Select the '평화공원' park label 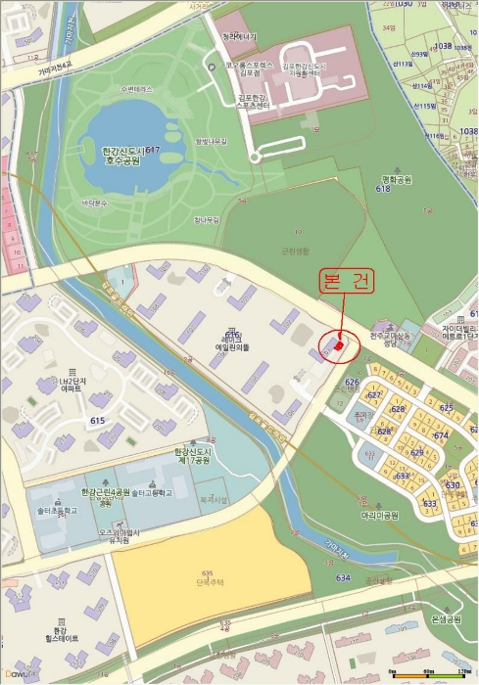[x=395, y=180]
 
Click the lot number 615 [x=97, y=421]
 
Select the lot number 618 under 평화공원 [x=382, y=190]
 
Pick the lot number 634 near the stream [x=342, y=578]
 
